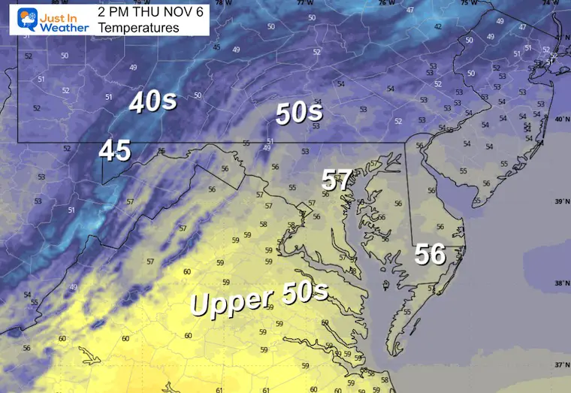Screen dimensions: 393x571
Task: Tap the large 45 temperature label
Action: pyautogui.click(x=115, y=151)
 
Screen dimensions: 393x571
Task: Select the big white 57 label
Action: pyautogui.click(x=337, y=180)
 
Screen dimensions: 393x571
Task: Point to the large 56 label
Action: pyautogui.click(x=431, y=255)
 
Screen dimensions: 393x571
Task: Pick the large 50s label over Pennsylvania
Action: pyautogui.click(x=299, y=113)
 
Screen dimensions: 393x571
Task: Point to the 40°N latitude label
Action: pyautogui.click(x=560, y=119)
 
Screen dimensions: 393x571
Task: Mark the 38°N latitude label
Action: pyautogui.click(x=560, y=283)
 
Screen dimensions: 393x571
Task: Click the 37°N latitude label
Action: pyautogui.click(x=560, y=364)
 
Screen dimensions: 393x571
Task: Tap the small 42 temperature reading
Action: pyautogui.click(x=437, y=26)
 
